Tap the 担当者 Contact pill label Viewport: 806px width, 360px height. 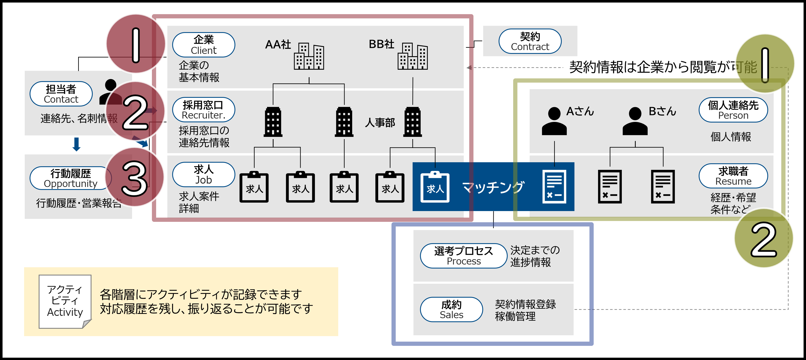(61, 94)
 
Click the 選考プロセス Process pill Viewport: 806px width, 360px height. (463, 256)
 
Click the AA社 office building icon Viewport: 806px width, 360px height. (309, 56)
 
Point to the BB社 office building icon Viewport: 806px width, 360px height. (412, 56)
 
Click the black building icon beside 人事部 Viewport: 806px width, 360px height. (412, 122)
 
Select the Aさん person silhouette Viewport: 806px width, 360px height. (554, 121)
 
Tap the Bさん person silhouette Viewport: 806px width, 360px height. (635, 121)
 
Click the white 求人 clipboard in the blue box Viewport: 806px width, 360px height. (435, 187)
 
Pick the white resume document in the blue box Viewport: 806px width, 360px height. (554, 187)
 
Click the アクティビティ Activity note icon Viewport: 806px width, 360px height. (65, 301)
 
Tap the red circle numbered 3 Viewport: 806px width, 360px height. (135, 177)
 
